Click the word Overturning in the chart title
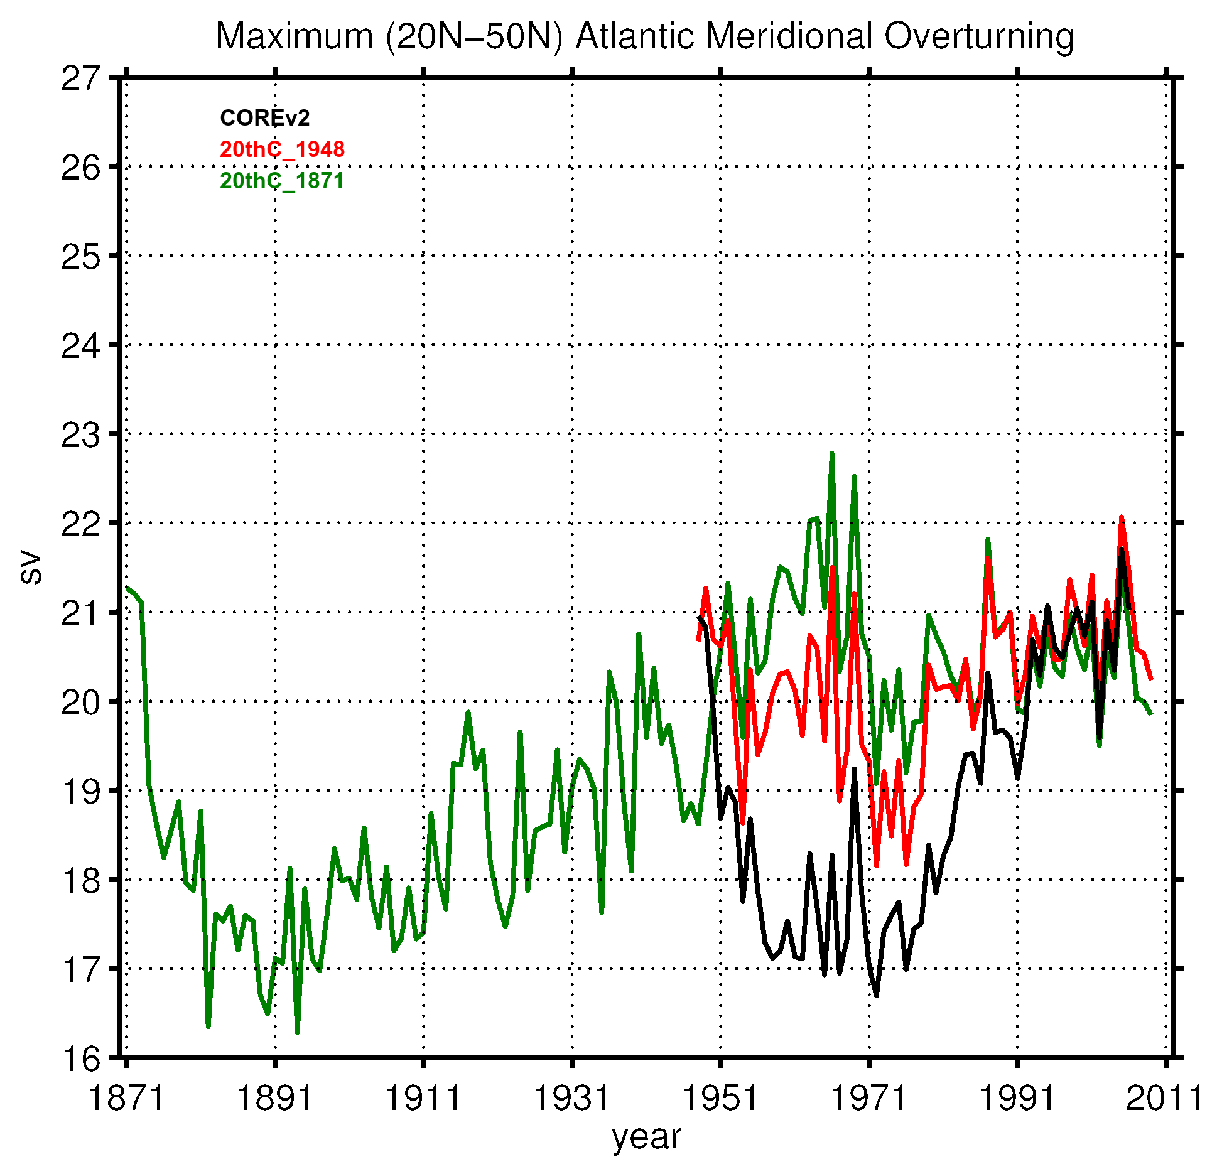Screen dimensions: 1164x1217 979,36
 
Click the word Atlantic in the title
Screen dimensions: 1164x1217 635,36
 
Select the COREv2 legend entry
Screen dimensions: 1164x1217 264,118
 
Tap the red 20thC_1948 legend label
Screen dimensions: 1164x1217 282,149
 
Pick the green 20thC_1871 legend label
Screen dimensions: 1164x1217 282,181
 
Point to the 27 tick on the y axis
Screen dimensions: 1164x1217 80,79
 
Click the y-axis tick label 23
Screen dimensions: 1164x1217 80,435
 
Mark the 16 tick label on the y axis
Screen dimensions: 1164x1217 80,1059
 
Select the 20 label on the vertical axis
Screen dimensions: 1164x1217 80,703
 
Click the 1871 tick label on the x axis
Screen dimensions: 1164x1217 126,1099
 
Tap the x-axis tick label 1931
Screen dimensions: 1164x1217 571,1099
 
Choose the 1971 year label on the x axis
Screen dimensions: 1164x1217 869,1099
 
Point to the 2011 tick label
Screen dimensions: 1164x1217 1165,1099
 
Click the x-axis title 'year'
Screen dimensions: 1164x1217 646,1138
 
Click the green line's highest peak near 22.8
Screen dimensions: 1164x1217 832,454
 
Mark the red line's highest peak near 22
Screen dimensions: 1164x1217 1122,517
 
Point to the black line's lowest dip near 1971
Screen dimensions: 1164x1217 877,995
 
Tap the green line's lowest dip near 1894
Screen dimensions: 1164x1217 297,1032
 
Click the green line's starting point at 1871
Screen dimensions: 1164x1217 127,587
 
